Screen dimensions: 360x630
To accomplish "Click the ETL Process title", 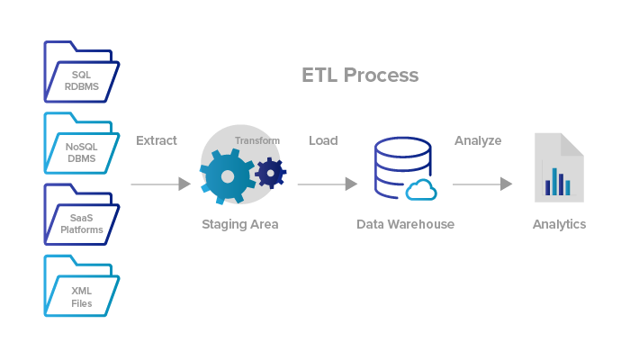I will pos(360,75).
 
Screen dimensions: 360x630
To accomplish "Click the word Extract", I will pos(157,140).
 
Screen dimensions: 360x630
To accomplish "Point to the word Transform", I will pos(257,140).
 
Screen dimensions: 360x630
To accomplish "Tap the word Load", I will pos(323,140).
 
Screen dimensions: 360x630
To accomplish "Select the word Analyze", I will pos(478,140).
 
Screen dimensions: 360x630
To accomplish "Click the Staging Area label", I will pos(239,224).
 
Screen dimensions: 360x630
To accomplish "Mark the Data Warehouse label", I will pos(405,224).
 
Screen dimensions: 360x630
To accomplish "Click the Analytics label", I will pos(559,224).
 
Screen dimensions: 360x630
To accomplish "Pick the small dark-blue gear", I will pos(270,172).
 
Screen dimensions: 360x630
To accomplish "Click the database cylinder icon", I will pos(396,166).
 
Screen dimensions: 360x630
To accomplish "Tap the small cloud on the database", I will pos(421,190).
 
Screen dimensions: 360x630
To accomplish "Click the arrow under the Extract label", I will pos(160,184).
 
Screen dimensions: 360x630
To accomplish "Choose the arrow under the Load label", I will pos(327,184).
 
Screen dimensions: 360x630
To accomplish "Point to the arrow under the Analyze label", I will pos(482,184).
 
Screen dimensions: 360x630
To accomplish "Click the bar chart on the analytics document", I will pos(557,183).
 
